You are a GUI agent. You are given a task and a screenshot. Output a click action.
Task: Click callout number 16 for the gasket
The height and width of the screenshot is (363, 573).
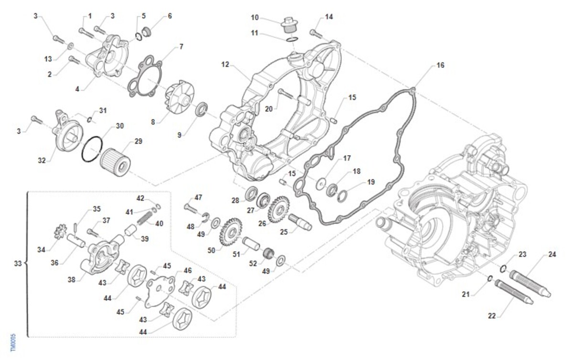(x=440, y=65)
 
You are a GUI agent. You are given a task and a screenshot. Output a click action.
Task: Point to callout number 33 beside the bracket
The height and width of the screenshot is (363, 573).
(x=18, y=263)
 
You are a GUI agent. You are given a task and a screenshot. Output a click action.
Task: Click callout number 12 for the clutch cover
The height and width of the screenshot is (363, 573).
(x=225, y=64)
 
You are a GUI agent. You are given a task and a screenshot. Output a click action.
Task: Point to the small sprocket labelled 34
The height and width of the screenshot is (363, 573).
(x=60, y=235)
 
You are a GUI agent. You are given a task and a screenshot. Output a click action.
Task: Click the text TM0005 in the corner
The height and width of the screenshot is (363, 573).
(x=13, y=342)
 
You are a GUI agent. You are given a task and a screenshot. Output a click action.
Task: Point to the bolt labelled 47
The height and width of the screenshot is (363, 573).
(x=191, y=207)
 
